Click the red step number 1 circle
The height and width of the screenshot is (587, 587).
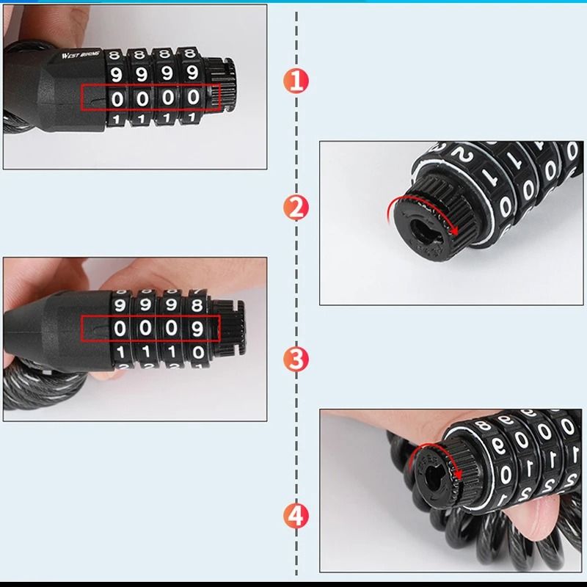(x=296, y=80)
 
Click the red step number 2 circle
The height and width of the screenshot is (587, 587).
(x=296, y=208)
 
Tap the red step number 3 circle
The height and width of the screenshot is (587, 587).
(x=296, y=360)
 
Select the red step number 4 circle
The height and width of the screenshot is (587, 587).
(x=296, y=516)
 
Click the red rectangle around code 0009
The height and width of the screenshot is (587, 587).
(x=150, y=329)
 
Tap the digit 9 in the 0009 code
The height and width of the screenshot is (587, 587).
(x=197, y=329)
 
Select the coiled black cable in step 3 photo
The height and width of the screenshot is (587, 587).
(x=44, y=389)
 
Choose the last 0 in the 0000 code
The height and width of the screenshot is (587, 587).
(x=194, y=98)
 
